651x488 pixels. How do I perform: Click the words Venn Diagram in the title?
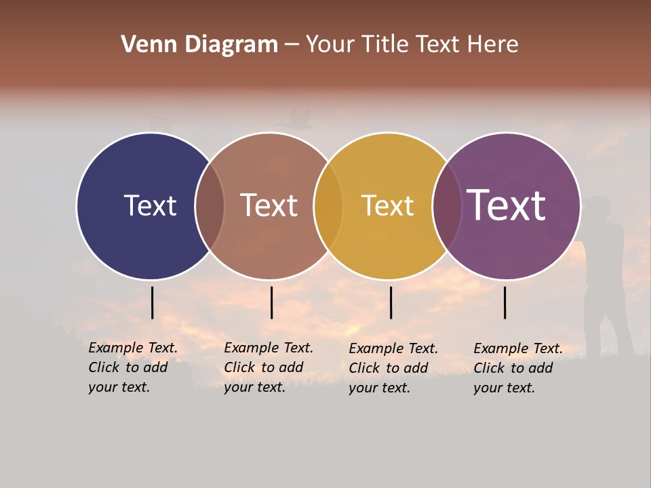click(199, 45)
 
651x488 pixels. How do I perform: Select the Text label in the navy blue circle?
click(150, 205)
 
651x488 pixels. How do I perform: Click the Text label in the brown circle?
click(269, 205)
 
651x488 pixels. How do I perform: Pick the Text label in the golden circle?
click(387, 205)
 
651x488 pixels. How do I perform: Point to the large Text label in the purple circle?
click(507, 205)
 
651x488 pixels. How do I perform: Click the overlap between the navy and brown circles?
click(210, 206)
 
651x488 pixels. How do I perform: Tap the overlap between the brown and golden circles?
click(328, 206)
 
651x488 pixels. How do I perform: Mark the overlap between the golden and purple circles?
click(447, 206)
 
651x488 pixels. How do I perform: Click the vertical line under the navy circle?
click(152, 302)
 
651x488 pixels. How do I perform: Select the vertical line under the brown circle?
click(271, 302)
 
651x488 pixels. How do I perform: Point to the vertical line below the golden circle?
click(391, 302)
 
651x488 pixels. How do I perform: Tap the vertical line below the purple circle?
click(505, 302)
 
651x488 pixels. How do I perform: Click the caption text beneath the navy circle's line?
click(132, 367)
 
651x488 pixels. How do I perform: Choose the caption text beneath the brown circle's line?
click(268, 367)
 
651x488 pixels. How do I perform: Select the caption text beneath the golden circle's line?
click(393, 368)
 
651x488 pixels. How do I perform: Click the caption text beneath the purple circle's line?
click(517, 368)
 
